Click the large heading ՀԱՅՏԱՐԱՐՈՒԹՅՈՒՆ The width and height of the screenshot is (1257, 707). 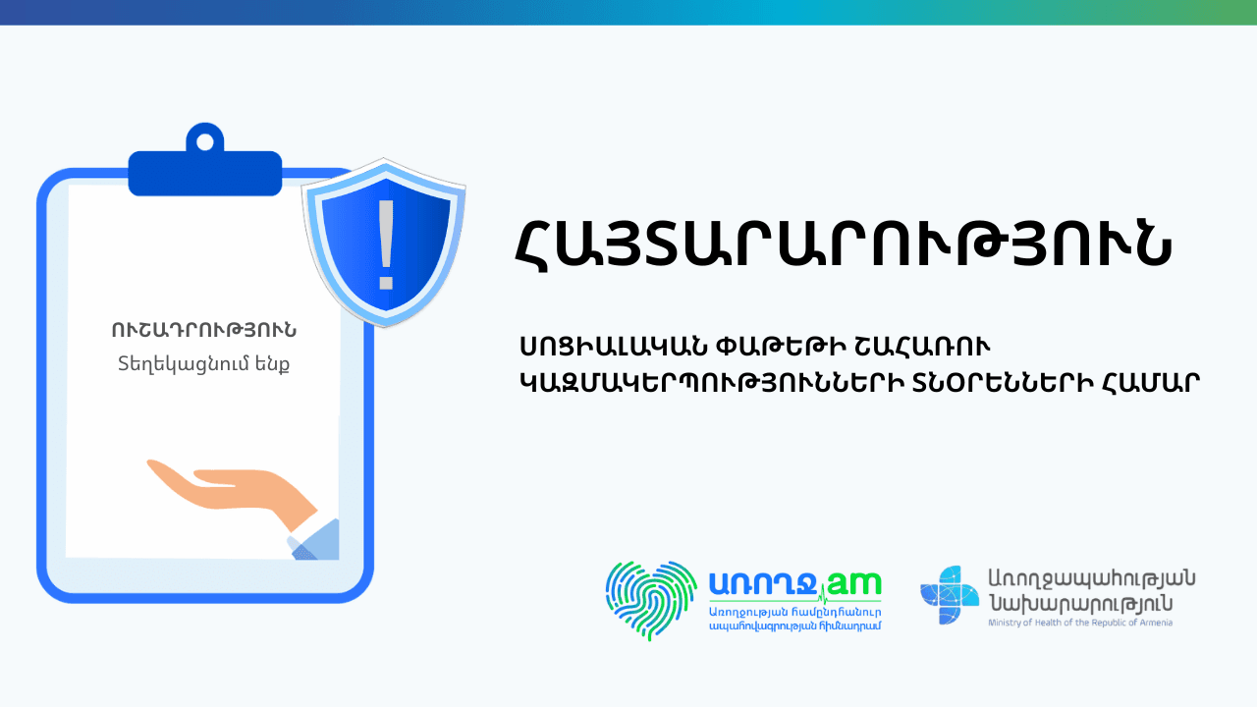click(x=844, y=245)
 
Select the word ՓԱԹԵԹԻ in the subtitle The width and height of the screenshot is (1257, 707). click(x=781, y=348)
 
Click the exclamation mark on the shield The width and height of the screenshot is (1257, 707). click(x=386, y=245)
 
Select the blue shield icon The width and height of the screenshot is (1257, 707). click(x=384, y=243)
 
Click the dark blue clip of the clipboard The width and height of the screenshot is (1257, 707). click(x=205, y=163)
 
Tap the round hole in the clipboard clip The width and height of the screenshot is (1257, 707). click(x=205, y=142)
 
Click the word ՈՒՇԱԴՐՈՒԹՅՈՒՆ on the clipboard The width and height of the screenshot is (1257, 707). click(x=204, y=331)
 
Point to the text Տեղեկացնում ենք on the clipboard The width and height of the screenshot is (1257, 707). click(x=203, y=364)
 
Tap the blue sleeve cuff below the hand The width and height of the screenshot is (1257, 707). click(x=315, y=540)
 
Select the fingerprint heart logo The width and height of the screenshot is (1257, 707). click(x=651, y=600)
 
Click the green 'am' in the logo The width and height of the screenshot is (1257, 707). click(x=854, y=584)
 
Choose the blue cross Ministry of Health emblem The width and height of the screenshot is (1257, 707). click(x=949, y=595)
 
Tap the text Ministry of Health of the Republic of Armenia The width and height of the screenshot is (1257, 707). click(x=1080, y=623)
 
